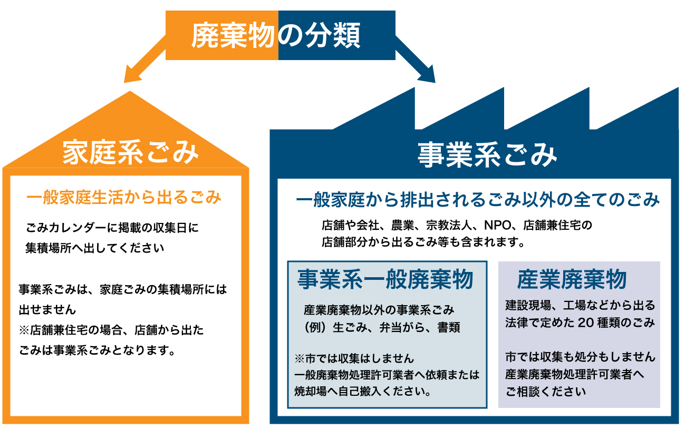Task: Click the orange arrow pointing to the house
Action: point(144,59)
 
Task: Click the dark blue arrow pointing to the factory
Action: point(416,59)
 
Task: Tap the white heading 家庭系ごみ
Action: point(131,152)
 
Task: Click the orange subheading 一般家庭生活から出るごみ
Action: point(124,197)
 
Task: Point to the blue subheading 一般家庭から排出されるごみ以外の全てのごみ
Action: point(478,200)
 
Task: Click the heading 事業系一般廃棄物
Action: point(385,279)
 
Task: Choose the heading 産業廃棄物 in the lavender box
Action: point(572,279)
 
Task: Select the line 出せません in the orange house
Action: point(47,310)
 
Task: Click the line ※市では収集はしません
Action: point(354,358)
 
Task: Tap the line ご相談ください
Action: point(546,392)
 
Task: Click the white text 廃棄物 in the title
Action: point(233,35)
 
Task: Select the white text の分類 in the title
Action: point(319,35)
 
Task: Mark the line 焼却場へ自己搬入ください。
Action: point(363,392)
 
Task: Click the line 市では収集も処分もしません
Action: point(580,357)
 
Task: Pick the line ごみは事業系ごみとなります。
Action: point(97,350)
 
